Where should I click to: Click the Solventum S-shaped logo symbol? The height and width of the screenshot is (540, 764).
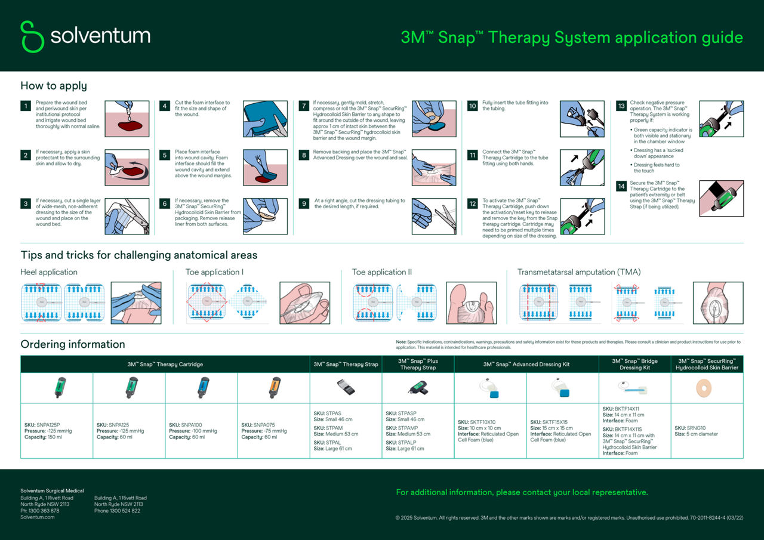click(32, 36)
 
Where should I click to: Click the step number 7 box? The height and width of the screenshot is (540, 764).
click(304, 106)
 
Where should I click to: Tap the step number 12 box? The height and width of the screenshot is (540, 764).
click(472, 204)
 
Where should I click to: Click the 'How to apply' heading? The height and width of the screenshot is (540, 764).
click(54, 85)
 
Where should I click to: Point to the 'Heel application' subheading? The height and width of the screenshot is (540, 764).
click(49, 272)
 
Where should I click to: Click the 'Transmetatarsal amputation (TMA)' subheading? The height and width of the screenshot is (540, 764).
click(579, 272)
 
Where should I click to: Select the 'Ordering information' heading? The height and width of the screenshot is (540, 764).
click(73, 344)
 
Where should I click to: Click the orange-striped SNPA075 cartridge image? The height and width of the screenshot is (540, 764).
click(273, 387)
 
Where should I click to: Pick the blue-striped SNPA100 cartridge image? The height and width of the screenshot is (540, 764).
click(201, 387)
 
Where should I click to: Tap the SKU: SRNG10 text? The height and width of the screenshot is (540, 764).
click(690, 428)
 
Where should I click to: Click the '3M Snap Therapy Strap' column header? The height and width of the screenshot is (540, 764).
click(346, 364)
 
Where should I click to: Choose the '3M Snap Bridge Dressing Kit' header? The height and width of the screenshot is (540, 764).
click(634, 364)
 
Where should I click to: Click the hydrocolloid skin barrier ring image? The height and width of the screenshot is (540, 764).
click(707, 388)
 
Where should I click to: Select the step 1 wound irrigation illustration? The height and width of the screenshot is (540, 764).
click(127, 119)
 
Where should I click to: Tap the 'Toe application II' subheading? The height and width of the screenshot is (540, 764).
click(382, 272)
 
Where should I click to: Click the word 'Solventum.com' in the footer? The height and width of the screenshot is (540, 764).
click(38, 517)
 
